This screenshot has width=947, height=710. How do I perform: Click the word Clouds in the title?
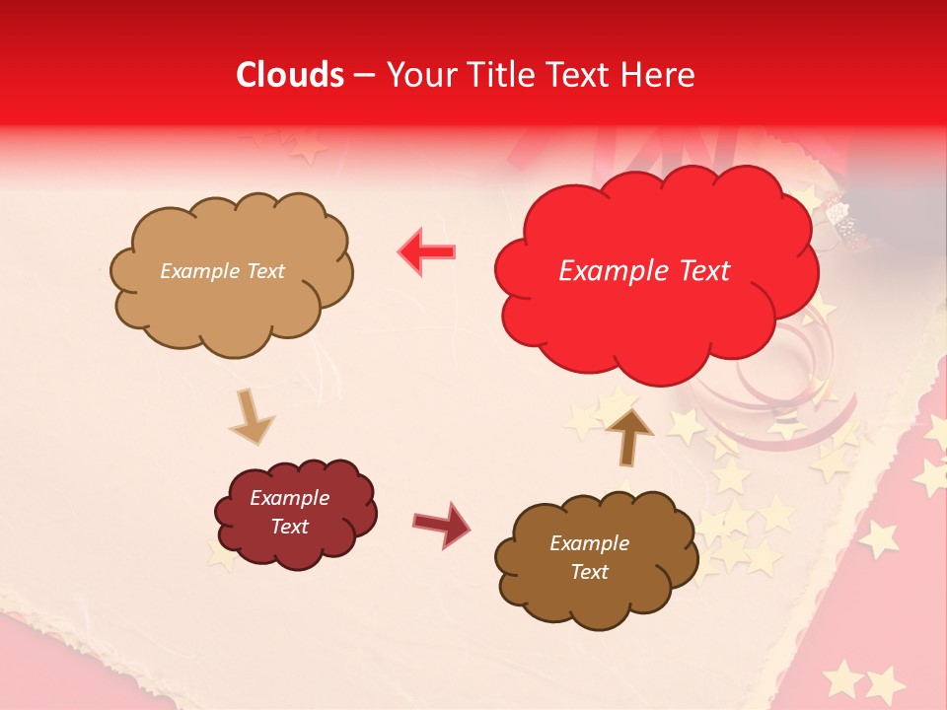tap(290, 75)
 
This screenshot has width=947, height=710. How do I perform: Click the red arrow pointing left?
tap(427, 251)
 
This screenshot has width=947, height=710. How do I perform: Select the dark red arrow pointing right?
tap(442, 524)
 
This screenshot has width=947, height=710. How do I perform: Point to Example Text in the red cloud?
tap(644, 271)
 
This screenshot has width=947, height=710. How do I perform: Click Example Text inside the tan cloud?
tap(222, 271)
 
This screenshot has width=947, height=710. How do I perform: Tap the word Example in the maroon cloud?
tap(289, 498)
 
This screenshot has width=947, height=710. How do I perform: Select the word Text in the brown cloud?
tap(589, 572)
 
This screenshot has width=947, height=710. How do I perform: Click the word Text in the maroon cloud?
tap(289, 527)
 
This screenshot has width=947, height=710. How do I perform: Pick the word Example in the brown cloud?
tap(589, 543)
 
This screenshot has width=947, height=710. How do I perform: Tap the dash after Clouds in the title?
tap(364, 76)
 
